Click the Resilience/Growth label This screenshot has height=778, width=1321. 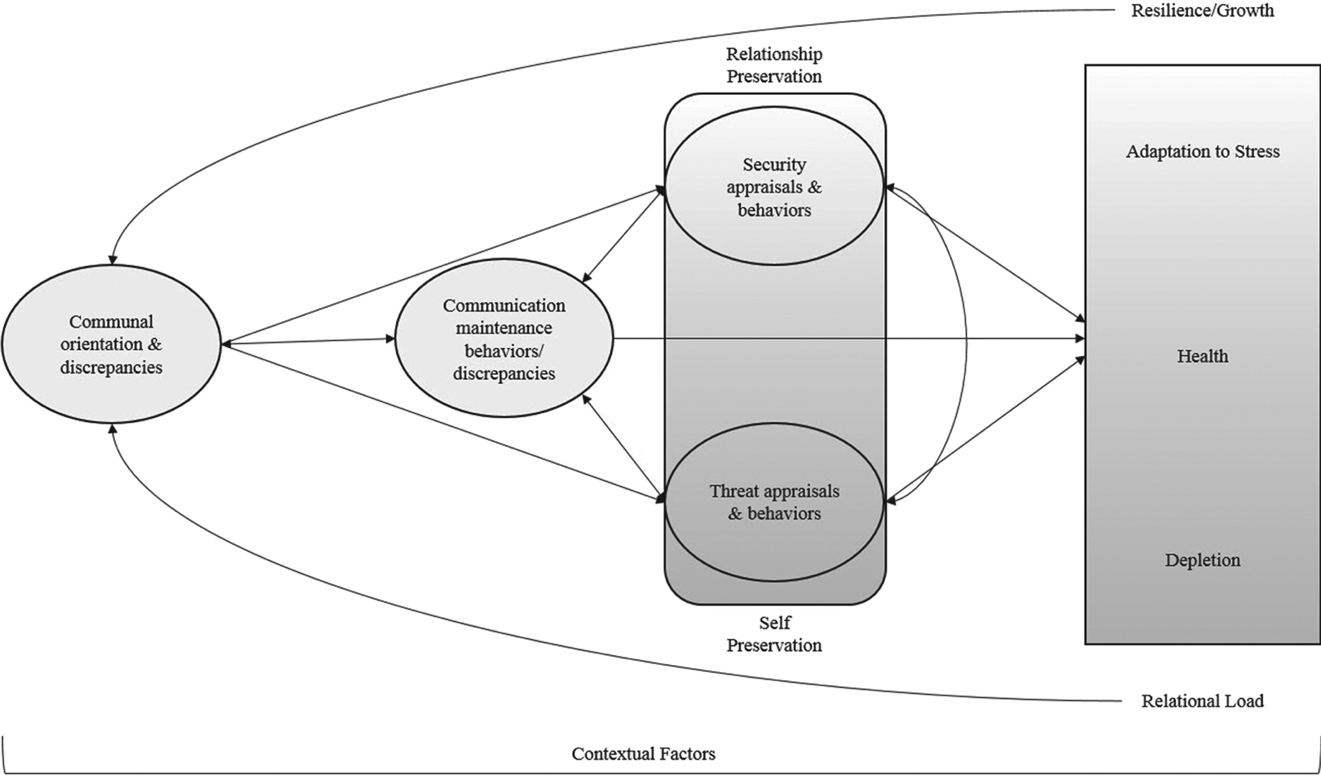(x=1202, y=11)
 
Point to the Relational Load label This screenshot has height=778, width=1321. (x=1202, y=701)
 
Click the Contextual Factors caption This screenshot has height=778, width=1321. (x=643, y=754)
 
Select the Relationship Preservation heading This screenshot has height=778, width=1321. (x=774, y=65)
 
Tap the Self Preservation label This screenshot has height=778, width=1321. (x=774, y=634)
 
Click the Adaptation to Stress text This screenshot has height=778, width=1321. (x=1202, y=152)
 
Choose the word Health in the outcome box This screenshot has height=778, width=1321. (x=1202, y=356)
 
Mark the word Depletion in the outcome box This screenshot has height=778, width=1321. (x=1202, y=560)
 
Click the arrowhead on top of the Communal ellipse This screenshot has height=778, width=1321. (x=113, y=260)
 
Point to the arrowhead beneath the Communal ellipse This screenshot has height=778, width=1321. (x=112, y=430)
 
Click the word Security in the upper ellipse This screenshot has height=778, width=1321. (x=774, y=165)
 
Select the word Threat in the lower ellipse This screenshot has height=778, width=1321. (x=734, y=491)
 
